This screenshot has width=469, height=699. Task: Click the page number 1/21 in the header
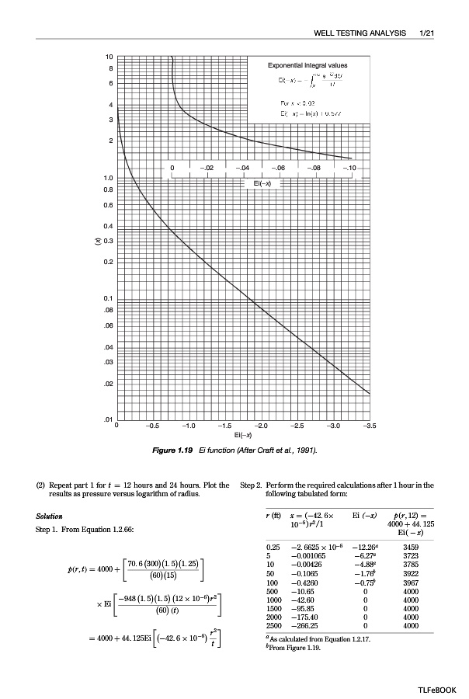coord(426,33)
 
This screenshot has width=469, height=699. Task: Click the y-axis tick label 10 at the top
coord(109,57)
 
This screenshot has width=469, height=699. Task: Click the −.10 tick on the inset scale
coord(350,168)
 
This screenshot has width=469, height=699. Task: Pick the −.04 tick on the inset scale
coord(244,168)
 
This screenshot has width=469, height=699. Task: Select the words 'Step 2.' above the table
coord(254,485)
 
